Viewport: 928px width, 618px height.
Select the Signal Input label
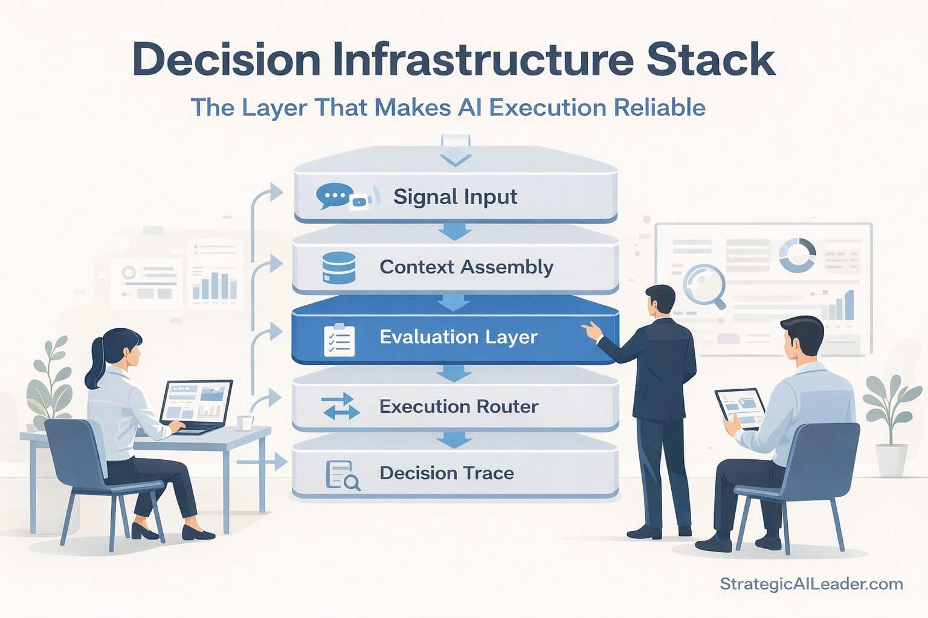point(455,197)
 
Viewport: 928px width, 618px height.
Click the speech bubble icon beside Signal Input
point(334,196)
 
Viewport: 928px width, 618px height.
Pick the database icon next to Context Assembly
point(338,267)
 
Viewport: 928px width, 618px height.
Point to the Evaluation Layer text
point(458,337)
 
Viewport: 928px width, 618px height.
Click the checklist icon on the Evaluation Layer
point(339,340)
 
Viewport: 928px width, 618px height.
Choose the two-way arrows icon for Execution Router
point(340,406)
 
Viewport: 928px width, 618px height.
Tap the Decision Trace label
point(446,473)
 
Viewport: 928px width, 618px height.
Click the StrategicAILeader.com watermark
point(811,584)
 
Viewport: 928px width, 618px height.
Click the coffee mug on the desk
point(244,422)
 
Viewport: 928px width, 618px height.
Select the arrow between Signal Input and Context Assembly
point(454,231)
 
